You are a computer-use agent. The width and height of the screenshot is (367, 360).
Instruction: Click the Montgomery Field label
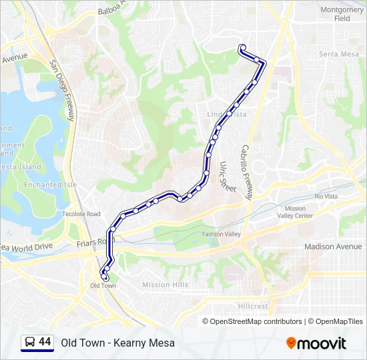(342, 14)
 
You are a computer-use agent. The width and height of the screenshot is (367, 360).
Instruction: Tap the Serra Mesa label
(338, 54)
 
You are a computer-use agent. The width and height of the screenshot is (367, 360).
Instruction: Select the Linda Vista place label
(227, 115)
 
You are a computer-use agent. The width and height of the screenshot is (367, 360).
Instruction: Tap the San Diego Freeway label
(60, 90)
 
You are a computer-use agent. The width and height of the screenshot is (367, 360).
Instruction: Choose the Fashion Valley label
(222, 234)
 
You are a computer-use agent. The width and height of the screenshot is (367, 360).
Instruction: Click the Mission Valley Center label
(294, 212)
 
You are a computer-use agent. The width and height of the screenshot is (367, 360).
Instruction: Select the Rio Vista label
(326, 197)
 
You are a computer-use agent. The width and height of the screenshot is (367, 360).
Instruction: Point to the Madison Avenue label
(333, 247)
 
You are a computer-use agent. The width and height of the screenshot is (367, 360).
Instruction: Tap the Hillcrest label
(253, 307)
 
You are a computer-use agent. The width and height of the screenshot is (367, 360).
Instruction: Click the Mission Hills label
(165, 285)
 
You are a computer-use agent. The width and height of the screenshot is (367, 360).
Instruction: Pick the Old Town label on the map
(103, 286)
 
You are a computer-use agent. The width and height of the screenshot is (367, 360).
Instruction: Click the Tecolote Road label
(81, 214)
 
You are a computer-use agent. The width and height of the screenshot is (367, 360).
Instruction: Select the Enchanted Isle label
(41, 185)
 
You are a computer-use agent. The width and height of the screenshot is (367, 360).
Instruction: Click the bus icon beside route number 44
(29, 343)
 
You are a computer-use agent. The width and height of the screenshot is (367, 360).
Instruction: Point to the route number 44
(45, 342)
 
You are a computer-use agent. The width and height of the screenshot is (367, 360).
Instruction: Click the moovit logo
(316, 343)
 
